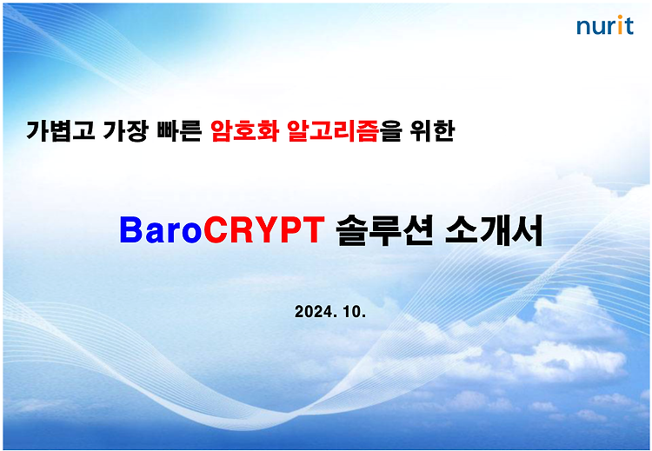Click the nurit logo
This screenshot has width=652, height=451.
pyautogui.click(x=605, y=25)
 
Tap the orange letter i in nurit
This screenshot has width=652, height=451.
pyautogui.click(x=620, y=25)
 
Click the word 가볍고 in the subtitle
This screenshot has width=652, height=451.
pyautogui.click(x=60, y=130)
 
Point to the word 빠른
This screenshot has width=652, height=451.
pyautogui.click(x=179, y=130)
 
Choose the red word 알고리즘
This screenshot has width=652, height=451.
pyautogui.click(x=333, y=130)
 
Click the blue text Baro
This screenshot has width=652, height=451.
pyautogui.click(x=161, y=230)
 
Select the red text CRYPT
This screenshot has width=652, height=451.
pyautogui.click(x=263, y=230)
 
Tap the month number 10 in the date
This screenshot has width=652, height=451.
pyautogui.click(x=355, y=311)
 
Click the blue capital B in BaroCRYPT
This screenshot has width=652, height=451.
pyautogui.click(x=131, y=230)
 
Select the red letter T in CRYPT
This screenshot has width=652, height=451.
pyautogui.click(x=313, y=230)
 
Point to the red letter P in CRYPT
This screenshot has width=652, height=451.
pyautogui.click(x=290, y=230)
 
